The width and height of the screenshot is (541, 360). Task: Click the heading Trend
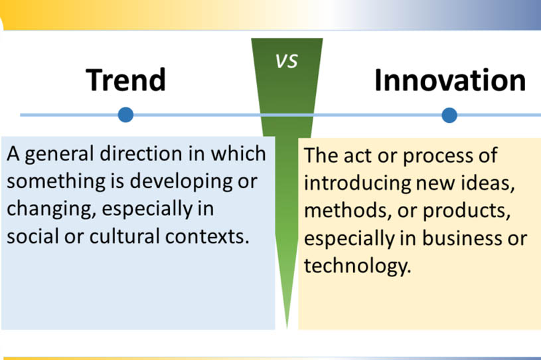[x=125, y=80]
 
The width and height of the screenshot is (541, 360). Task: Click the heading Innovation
[x=450, y=80]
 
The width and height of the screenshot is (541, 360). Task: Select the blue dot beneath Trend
[x=125, y=115]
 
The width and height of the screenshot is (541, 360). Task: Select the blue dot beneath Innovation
[x=449, y=115]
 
